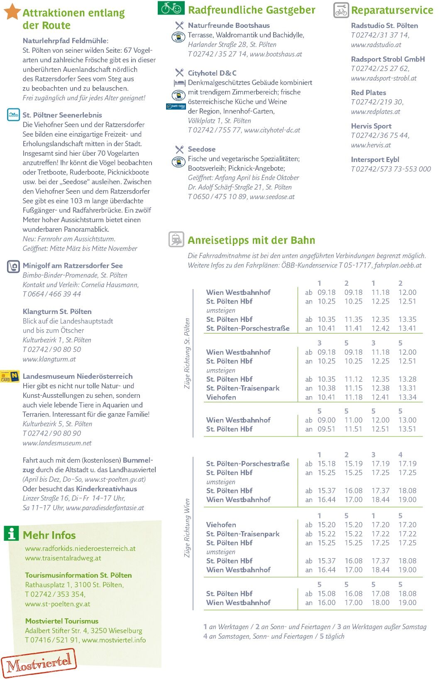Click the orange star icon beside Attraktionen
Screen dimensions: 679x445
12,11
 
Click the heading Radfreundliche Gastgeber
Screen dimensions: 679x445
252,10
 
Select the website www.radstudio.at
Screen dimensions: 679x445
376,45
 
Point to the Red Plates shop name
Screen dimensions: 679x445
369,93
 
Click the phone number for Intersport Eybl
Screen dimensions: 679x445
391,169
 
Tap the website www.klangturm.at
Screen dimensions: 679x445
49,359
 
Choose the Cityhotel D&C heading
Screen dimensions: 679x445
212,73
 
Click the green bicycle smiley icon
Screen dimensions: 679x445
171,8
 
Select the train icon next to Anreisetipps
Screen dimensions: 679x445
176,240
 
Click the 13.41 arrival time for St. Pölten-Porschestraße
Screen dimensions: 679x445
407,328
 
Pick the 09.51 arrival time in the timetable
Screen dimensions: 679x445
326,429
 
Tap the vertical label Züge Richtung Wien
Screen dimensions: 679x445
187,528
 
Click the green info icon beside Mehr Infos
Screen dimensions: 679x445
12,533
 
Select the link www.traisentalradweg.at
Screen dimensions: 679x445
63,558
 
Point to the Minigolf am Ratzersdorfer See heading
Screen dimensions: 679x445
73,265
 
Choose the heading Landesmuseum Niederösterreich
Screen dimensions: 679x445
78,376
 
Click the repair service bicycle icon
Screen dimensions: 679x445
341,10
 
